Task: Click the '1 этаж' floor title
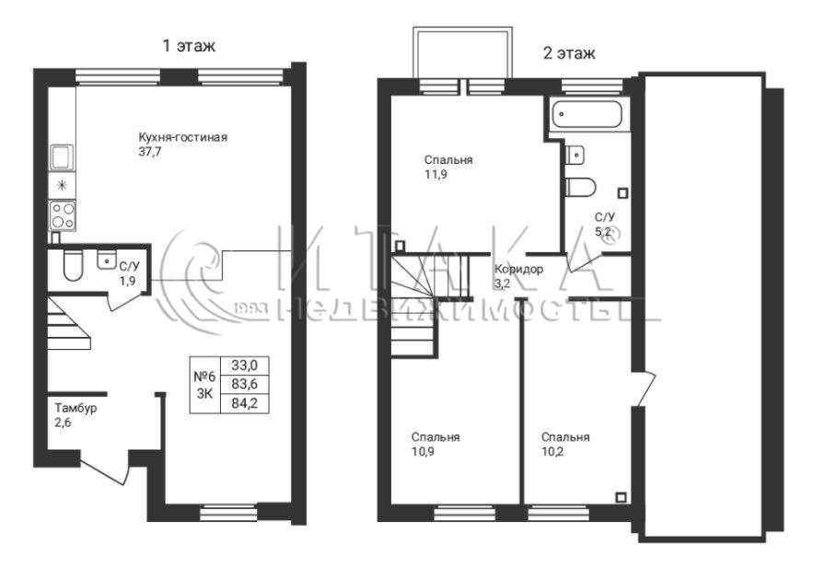coord(189,46)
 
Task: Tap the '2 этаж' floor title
coord(569,53)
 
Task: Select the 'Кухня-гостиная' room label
coord(182,138)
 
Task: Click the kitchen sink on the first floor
coord(63,157)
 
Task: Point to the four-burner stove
coord(63,215)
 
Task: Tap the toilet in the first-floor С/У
coord(73,266)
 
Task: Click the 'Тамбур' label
coord(75,409)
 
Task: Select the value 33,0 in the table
coord(244,365)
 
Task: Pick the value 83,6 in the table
coord(244,385)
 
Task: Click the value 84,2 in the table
coord(244,403)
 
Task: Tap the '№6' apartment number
coord(204,377)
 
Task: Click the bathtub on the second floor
coord(587,114)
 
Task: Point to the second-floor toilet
coord(581,187)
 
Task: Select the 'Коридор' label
coord(519,270)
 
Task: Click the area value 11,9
coord(436,175)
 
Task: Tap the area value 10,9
coord(424,452)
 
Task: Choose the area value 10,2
coord(552,452)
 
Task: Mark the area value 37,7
coord(150,153)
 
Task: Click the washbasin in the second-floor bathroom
coord(576,155)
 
